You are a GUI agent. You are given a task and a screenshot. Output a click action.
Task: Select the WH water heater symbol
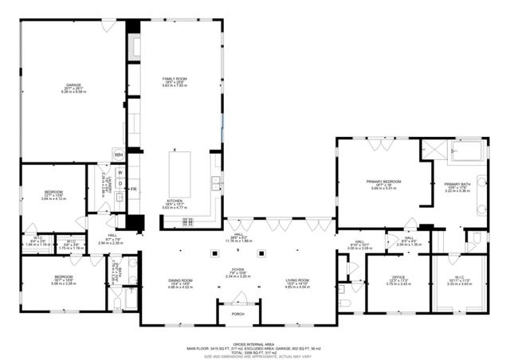coord(118,155)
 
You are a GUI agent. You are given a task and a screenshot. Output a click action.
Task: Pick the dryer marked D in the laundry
coord(120,184)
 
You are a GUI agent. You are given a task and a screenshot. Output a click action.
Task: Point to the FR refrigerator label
coord(133,189)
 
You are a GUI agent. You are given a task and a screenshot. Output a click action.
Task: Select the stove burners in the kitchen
coord(190,221)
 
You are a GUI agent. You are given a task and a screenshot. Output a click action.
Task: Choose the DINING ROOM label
coord(181,280)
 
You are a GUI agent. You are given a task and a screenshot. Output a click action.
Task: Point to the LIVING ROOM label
coord(297,280)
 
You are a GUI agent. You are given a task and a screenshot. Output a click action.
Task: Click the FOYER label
coord(238,271)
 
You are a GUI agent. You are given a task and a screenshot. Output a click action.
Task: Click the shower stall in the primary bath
coord(433,149)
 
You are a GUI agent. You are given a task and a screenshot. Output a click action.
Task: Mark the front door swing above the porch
coord(238,298)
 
